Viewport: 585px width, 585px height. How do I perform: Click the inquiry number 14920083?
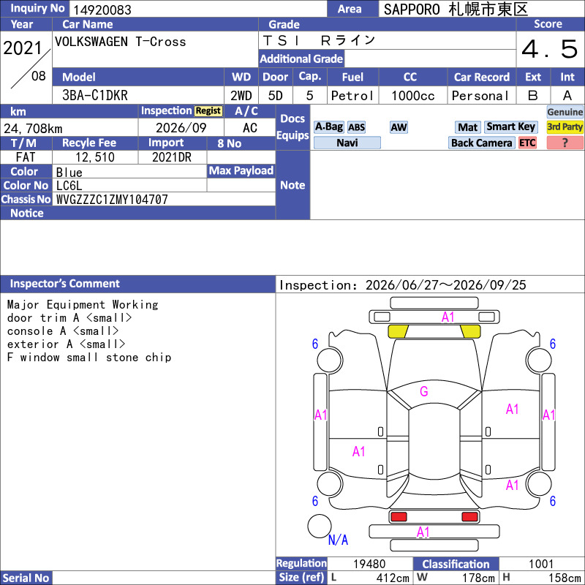(x=102, y=10)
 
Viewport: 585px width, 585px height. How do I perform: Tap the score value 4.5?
(x=550, y=49)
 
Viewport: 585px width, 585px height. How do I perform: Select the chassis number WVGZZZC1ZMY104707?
(x=112, y=200)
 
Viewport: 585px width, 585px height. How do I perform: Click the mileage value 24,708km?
(x=33, y=129)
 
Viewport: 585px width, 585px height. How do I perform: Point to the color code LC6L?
(x=69, y=186)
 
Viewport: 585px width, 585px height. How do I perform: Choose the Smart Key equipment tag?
(x=510, y=127)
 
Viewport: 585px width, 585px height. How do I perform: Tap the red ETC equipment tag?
(x=527, y=143)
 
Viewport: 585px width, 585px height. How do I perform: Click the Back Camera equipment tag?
(x=481, y=143)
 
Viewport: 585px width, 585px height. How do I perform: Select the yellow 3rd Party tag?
(x=565, y=127)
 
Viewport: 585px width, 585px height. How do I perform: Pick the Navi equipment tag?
(x=347, y=143)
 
